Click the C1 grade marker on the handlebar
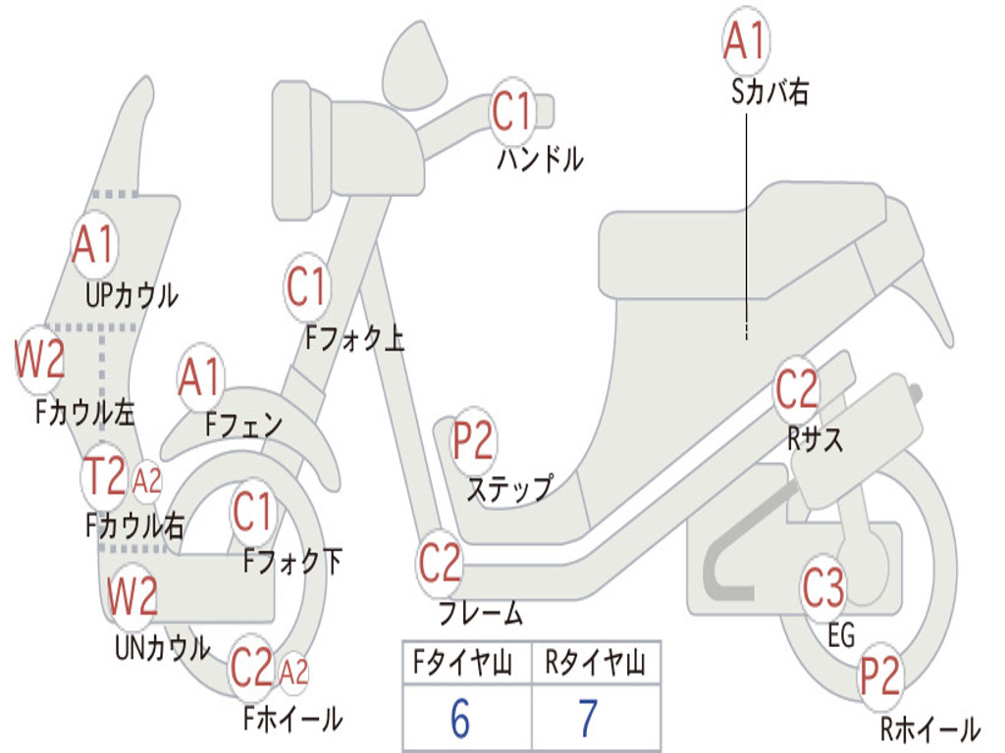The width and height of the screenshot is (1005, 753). pos(511,111)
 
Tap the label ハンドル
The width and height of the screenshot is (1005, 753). pos(540,159)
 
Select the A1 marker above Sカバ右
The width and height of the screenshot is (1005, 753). pos(744,39)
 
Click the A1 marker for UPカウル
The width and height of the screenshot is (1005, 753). pos(94,245)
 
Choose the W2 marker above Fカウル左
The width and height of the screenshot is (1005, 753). pos(40,360)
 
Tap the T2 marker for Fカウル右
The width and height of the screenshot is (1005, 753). pos(104,477)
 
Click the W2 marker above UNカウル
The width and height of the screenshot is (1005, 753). pos(132,595)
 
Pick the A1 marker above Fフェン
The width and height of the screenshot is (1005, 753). pos(200,376)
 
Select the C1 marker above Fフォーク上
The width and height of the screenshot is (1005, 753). pos(306,286)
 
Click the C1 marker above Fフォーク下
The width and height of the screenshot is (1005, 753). pos(253,511)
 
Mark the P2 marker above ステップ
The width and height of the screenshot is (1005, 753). pos(473,441)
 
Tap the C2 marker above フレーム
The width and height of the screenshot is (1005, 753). pos(440,563)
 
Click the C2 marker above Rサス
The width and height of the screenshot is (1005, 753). pos(796,389)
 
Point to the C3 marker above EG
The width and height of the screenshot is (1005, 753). pos(823,588)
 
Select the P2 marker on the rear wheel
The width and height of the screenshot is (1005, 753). pos(880,676)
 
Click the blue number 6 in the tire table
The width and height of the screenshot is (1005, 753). pos(460,719)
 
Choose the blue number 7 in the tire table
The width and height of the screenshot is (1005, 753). pos(588,719)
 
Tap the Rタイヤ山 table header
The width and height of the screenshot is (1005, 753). pos(595,665)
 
